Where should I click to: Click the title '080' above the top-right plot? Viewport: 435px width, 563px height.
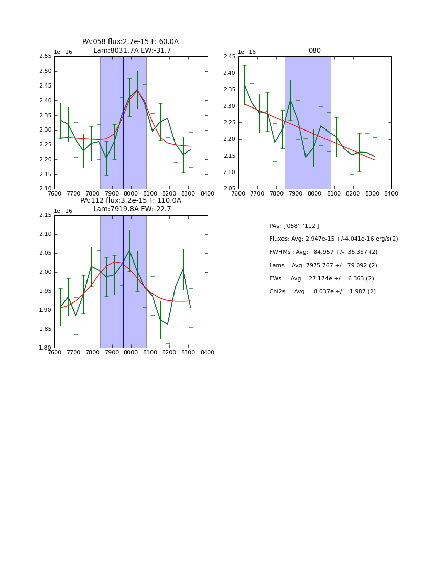(x=314, y=51)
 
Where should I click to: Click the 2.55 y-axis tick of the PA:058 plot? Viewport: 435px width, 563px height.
(x=46, y=56)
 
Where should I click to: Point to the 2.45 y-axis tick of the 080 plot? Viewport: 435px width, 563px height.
(x=230, y=56)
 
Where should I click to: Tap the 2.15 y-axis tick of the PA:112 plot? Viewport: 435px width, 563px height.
(x=46, y=215)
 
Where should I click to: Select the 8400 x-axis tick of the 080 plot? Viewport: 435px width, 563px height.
(x=391, y=194)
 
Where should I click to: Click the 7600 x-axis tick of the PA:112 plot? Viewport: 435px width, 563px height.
(x=54, y=353)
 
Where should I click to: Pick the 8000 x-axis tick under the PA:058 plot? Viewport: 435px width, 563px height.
(x=131, y=194)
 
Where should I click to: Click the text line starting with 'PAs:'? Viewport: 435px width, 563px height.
(x=294, y=226)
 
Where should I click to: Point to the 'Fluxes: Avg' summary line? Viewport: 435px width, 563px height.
(x=333, y=239)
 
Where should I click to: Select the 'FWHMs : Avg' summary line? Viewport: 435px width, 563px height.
(x=323, y=252)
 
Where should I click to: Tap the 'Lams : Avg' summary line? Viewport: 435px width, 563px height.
(x=323, y=266)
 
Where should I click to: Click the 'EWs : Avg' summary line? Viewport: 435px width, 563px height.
(x=321, y=278)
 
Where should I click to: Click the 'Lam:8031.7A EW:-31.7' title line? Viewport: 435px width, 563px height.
(x=132, y=51)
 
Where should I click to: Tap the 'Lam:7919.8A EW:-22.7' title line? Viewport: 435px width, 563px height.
(x=132, y=209)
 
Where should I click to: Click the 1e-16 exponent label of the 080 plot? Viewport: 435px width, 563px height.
(x=247, y=52)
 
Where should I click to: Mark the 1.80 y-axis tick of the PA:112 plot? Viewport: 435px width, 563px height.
(x=46, y=348)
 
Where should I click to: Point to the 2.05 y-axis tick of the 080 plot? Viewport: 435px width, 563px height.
(x=230, y=189)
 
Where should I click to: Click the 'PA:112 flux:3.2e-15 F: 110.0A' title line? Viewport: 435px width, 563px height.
(x=130, y=201)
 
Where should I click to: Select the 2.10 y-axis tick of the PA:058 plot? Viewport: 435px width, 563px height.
(x=46, y=189)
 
